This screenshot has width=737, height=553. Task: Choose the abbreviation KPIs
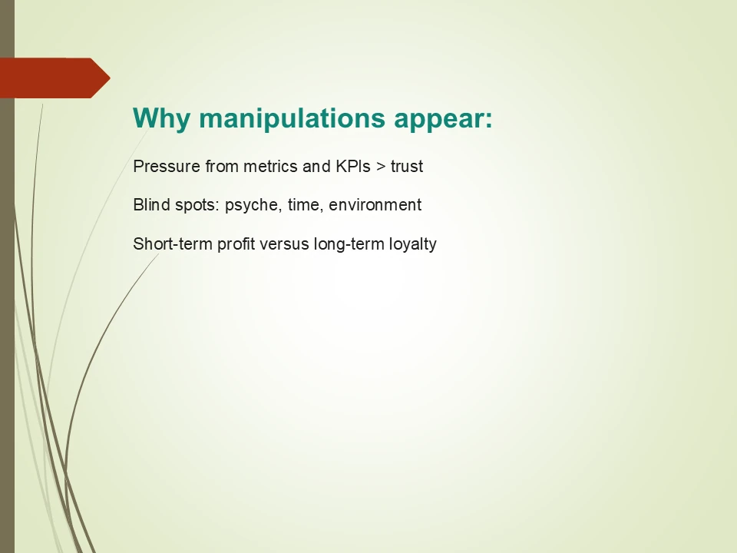(352, 166)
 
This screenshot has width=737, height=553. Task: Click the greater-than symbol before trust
(381, 166)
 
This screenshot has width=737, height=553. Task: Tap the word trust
(407, 166)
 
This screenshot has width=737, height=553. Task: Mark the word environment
(375, 205)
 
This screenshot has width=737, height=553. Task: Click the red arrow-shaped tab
(55, 78)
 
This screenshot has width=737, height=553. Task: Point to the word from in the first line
(222, 166)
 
